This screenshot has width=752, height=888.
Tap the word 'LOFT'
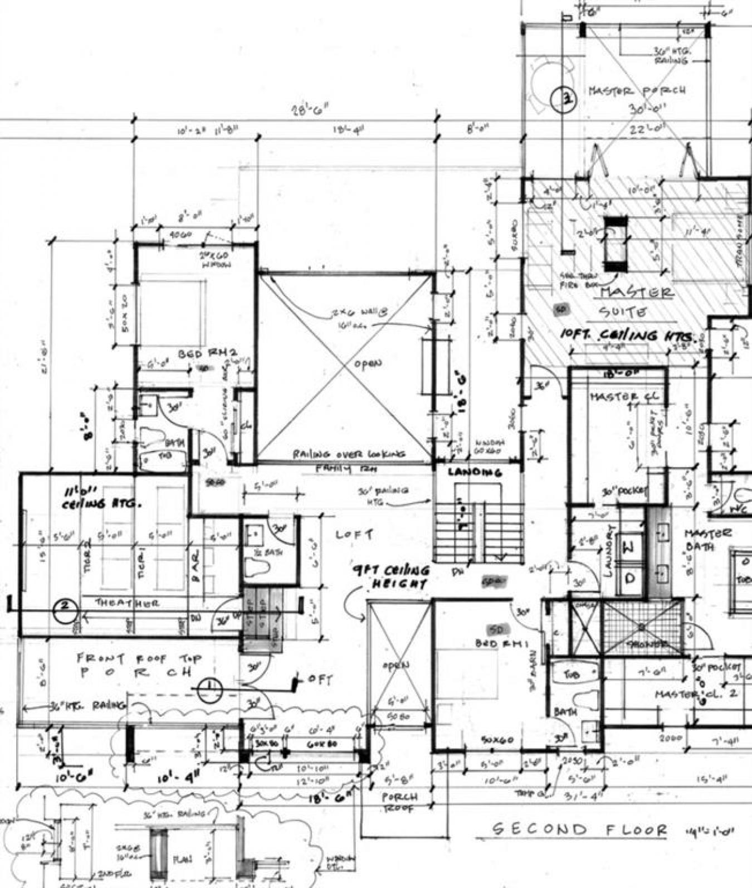354,535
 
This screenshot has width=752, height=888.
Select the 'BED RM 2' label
208,353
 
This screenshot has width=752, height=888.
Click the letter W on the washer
628,548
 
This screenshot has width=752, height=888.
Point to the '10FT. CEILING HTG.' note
628,336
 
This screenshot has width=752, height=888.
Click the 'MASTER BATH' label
707,540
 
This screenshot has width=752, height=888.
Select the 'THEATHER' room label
127,603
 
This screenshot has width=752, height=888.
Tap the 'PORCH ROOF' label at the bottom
399,802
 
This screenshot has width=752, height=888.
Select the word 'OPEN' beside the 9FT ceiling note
396,665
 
